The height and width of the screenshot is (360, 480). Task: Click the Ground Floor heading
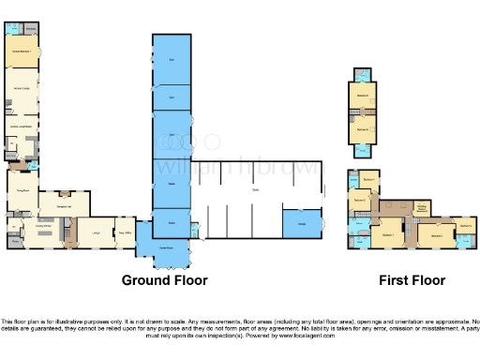(165, 280)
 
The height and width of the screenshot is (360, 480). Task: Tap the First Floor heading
(412, 280)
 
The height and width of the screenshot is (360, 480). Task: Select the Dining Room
(21, 187)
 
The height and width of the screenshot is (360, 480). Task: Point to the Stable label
(254, 191)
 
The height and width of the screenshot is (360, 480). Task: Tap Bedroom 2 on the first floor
(436, 233)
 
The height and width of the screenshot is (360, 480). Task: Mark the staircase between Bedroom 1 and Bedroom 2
(411, 229)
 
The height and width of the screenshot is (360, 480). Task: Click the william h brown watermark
(239, 169)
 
